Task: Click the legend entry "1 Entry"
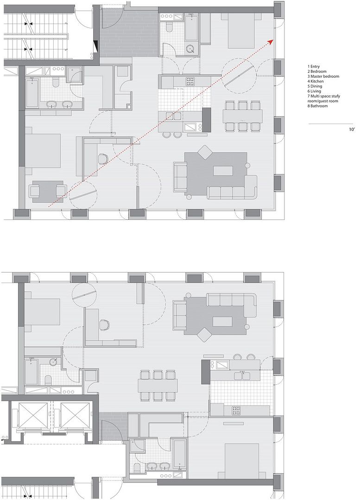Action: [313, 67]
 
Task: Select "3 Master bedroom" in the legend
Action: [323, 76]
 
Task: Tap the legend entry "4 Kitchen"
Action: [316, 81]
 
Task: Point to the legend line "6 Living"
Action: [314, 91]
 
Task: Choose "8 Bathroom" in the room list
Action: [317, 106]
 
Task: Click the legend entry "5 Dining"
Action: [315, 86]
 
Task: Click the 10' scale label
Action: [352, 130]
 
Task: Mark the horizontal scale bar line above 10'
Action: [331, 124]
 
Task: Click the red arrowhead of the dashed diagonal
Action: [271, 42]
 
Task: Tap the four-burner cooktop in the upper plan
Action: [190, 81]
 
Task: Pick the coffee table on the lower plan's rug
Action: [222, 321]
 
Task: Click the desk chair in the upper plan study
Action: [103, 158]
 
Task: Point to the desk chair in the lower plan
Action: [104, 324]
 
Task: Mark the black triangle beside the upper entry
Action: [96, 47]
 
